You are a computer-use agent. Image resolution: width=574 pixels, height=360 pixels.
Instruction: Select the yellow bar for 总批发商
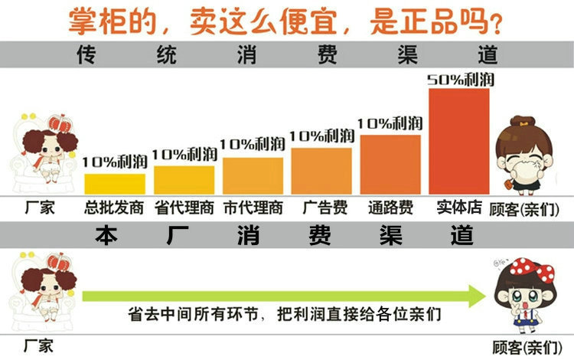115,184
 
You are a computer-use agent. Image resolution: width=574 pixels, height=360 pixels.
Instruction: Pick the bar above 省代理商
184,180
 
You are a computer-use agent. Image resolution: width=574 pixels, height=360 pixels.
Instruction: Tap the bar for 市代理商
253,176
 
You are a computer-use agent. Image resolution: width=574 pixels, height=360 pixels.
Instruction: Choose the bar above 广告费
321,171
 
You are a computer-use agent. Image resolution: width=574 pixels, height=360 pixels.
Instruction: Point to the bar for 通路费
390,165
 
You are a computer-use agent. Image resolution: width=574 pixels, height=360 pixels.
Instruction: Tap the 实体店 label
458,207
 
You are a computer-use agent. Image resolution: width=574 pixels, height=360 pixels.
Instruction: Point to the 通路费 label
391,208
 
